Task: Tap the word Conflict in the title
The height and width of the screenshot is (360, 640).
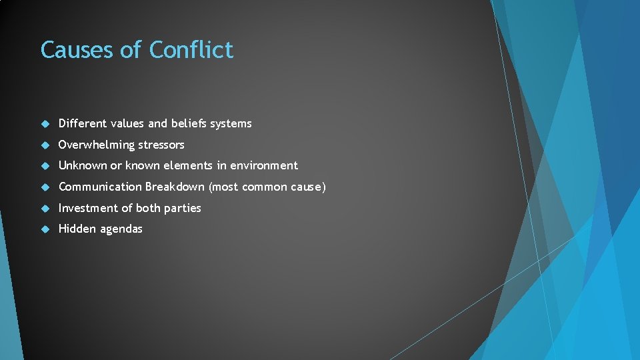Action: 191,50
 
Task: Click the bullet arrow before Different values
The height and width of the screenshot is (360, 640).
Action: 45,123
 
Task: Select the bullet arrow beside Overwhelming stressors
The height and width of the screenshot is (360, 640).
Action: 45,145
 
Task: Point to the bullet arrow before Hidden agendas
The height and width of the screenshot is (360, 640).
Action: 45,229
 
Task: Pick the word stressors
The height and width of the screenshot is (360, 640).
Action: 162,145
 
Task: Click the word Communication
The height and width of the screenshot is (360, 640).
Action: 100,187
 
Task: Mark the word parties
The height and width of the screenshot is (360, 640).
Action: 182,208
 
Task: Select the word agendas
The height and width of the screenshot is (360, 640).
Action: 121,229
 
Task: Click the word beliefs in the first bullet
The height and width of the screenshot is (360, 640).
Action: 190,123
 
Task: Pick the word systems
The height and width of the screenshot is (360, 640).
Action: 232,123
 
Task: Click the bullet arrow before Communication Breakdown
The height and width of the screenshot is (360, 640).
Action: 45,187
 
